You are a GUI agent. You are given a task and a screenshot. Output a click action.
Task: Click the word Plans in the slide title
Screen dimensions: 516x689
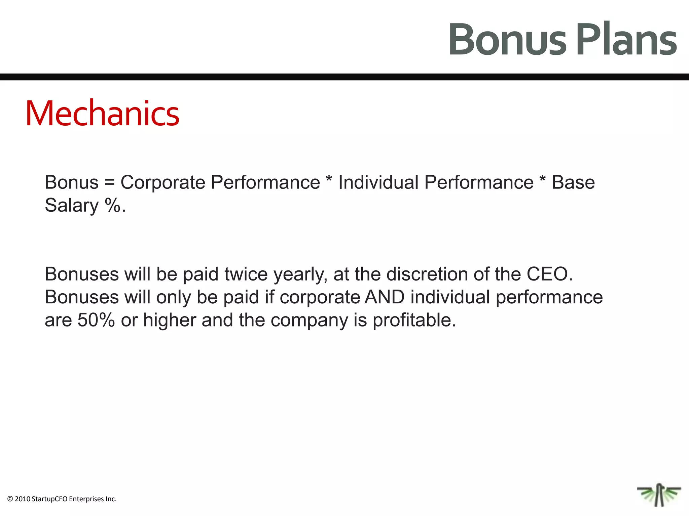point(626,40)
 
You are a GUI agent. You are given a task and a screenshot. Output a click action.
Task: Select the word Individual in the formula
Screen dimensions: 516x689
point(378,182)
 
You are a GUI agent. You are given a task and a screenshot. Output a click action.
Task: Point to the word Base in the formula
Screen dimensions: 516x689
point(573,182)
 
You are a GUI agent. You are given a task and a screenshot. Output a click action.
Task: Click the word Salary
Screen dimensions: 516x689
point(72,205)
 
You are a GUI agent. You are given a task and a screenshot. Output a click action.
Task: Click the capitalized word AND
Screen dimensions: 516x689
point(385,297)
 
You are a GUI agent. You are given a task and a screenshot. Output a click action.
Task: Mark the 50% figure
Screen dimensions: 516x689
point(96,320)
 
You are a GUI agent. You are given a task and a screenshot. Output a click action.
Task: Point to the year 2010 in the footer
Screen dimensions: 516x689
point(22,499)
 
